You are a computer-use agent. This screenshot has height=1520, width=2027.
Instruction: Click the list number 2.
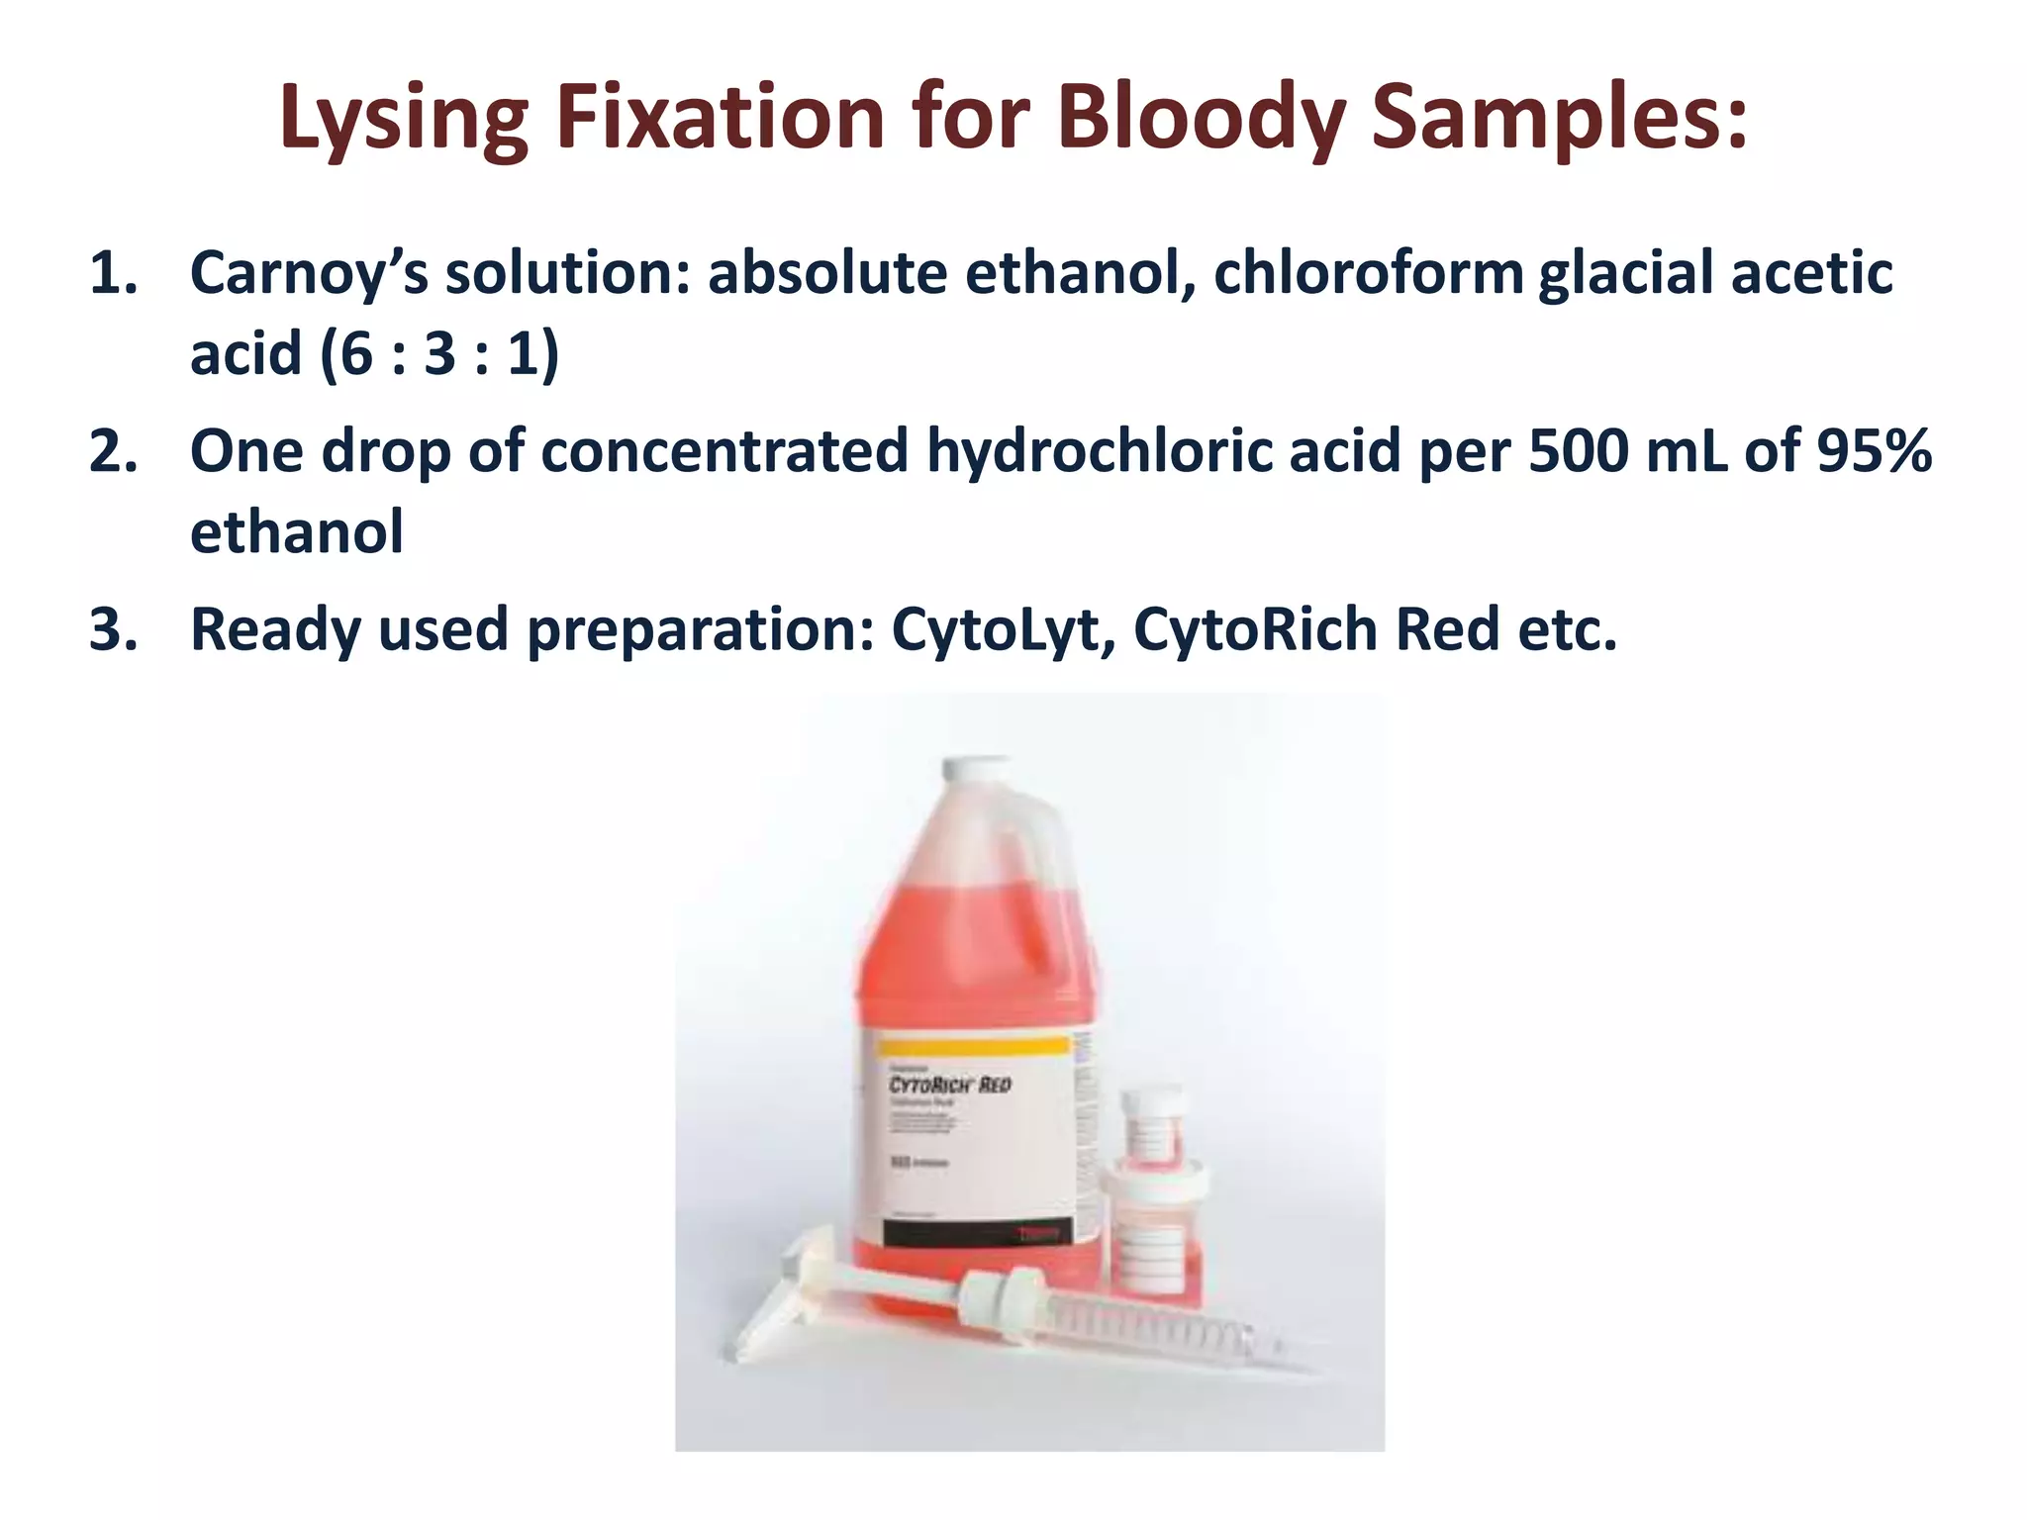pyautogui.click(x=113, y=451)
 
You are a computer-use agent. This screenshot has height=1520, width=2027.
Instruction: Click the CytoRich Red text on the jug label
pyautogui.click(x=949, y=1086)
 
